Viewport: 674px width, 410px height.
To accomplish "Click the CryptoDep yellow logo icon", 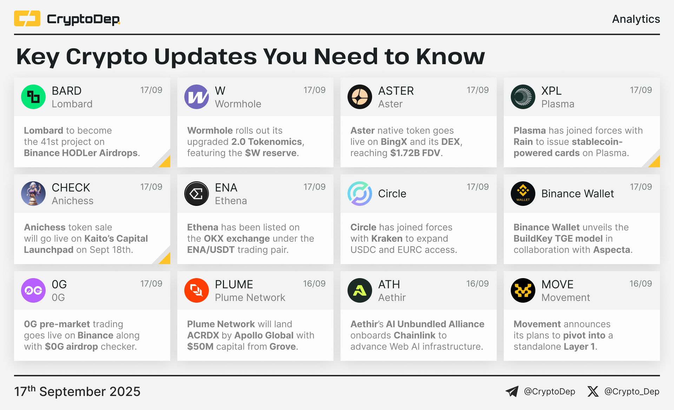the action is (x=27, y=19).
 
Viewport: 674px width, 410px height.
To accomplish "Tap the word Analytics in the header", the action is (x=636, y=19).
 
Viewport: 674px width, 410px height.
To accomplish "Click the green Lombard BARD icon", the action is (x=33, y=97).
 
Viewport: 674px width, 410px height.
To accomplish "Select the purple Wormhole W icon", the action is (x=197, y=97).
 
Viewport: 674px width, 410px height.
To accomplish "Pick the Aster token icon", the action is (x=360, y=97).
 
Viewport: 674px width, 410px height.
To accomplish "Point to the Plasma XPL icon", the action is (x=523, y=97).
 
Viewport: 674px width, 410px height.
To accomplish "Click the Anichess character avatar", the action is (x=33, y=194).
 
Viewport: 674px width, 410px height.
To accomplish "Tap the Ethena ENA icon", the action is (x=197, y=194).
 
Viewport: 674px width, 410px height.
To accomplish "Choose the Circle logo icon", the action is (x=360, y=194).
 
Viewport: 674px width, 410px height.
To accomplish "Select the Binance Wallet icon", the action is (x=523, y=194).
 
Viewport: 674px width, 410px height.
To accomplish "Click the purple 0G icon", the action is (x=33, y=290).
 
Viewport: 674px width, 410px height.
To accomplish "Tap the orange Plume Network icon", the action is (x=197, y=290).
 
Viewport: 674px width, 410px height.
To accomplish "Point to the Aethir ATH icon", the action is (x=360, y=290).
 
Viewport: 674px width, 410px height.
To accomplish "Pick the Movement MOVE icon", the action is (x=523, y=290).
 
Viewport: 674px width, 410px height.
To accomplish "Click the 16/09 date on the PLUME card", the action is (x=314, y=284).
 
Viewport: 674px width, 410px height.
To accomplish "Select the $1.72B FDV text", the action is (x=415, y=153).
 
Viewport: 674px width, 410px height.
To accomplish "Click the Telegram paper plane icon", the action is (x=512, y=391).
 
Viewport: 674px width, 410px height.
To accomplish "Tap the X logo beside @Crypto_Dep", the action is (x=593, y=391).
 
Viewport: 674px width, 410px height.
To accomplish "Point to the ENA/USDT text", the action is (x=211, y=250).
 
